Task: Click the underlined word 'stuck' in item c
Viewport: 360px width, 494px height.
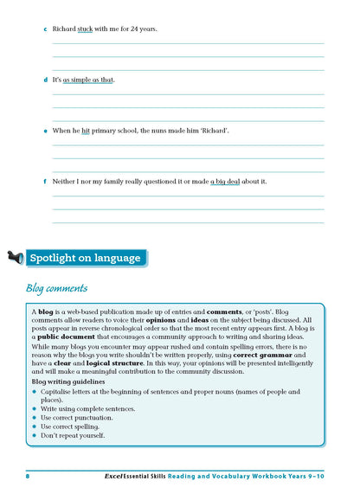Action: click(x=85, y=29)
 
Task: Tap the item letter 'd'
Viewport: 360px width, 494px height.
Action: click(x=45, y=80)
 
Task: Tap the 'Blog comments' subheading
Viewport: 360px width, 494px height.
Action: click(x=56, y=288)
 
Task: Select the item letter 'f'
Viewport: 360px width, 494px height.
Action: click(x=45, y=182)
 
